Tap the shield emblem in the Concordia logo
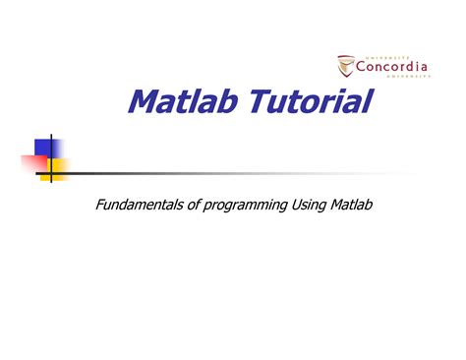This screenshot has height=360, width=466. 345,66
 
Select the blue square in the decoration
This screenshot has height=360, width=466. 43,148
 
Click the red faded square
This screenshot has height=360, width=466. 29,163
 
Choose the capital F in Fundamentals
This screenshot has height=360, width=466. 98,205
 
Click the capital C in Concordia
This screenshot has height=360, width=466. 361,68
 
